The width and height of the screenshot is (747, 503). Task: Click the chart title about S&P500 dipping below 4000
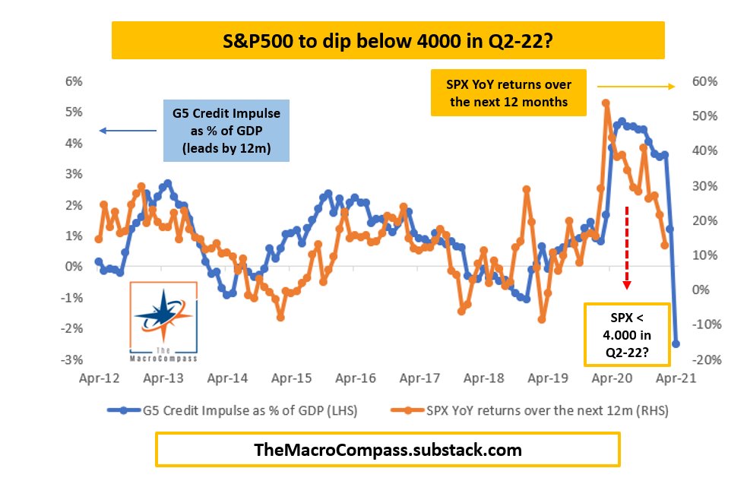(388, 40)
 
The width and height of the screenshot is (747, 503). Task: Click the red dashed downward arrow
(627, 245)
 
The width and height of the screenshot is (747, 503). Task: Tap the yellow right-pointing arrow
(635, 87)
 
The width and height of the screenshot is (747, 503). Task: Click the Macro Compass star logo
(164, 315)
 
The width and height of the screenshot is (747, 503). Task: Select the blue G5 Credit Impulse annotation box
(227, 131)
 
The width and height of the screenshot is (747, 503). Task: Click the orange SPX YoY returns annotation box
(508, 93)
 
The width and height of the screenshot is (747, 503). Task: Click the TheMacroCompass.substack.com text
(388, 450)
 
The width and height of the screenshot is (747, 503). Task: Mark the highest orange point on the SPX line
(606, 103)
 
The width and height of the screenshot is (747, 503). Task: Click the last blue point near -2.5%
(676, 343)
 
